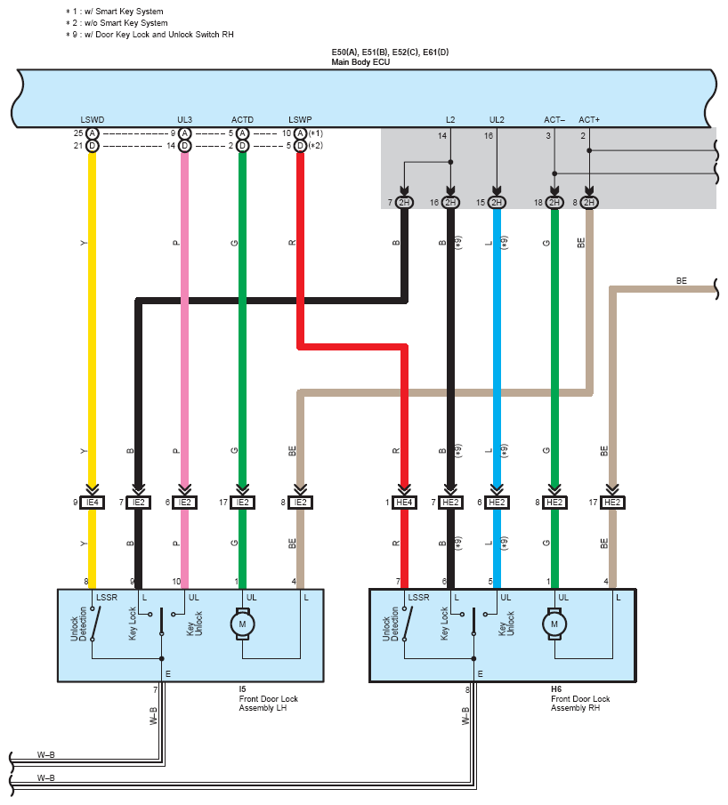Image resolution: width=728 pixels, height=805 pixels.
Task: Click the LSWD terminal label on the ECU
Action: point(92,119)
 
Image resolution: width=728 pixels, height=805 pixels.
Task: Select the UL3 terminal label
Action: point(184,119)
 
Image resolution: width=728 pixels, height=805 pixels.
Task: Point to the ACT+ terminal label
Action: point(589,119)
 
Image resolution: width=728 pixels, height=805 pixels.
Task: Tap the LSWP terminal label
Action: point(300,119)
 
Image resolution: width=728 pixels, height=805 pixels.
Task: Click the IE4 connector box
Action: point(92,503)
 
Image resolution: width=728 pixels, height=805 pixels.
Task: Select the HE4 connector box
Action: point(405,503)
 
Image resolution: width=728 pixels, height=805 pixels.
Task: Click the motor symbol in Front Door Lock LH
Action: point(242,625)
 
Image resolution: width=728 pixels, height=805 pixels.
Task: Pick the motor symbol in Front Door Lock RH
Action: point(554,625)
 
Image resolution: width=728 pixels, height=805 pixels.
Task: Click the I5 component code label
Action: point(243,688)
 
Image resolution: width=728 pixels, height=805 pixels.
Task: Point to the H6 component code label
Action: point(556,688)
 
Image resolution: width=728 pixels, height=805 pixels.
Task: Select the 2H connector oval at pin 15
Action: point(497,203)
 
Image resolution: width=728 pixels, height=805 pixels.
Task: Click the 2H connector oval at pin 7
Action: point(405,203)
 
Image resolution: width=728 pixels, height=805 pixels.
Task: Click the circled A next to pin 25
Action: point(92,133)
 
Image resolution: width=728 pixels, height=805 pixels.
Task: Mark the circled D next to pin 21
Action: point(92,146)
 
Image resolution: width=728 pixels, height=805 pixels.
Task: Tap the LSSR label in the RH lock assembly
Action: point(418,596)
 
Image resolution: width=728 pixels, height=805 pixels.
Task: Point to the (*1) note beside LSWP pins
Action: point(315,133)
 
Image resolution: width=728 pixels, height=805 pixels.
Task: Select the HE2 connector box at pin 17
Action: point(612,503)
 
